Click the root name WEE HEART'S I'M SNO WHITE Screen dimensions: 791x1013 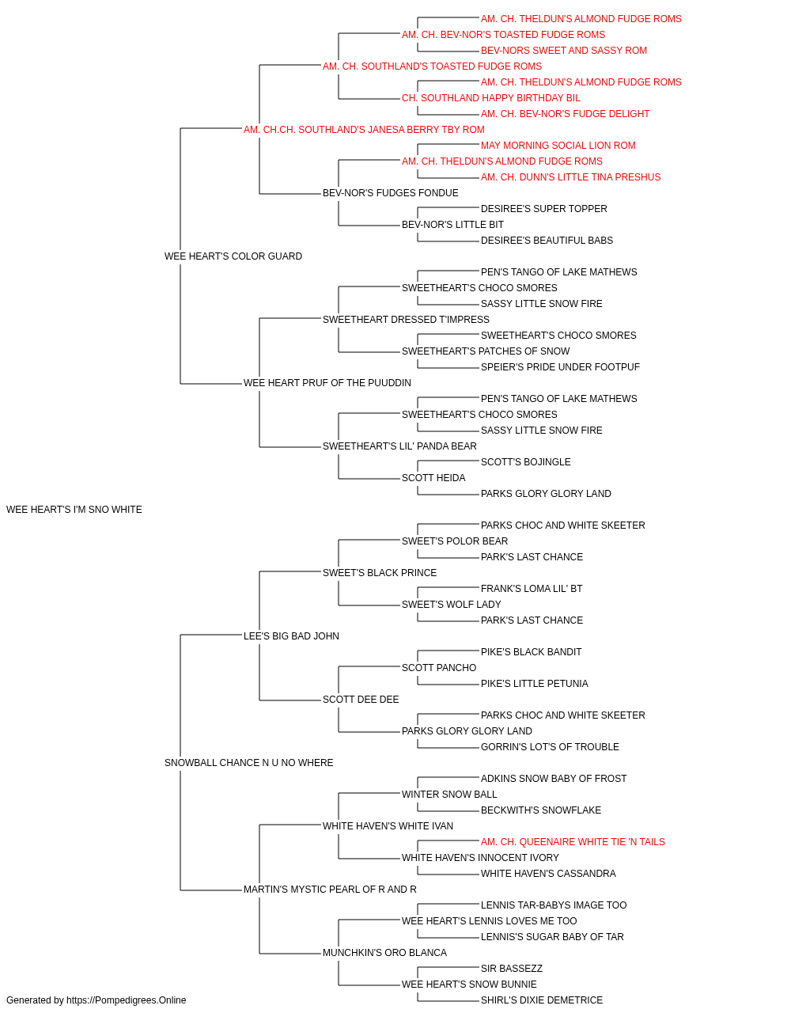[74, 510]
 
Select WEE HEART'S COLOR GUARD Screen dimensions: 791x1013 [233, 256]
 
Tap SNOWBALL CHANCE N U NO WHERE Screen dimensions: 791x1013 [248, 763]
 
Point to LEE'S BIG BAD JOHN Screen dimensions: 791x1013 [291, 635]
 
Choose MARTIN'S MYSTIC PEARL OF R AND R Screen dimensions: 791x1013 [330, 889]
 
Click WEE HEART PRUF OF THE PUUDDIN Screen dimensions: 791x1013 [327, 383]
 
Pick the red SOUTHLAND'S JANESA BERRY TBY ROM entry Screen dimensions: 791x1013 [364, 130]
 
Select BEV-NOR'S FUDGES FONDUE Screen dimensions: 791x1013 [391, 193]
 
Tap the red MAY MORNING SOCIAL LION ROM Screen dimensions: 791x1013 [558, 146]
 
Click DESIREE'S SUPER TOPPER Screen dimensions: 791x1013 [543, 209]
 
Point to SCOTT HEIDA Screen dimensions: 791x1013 [433, 478]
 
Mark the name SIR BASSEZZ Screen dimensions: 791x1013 [512, 968]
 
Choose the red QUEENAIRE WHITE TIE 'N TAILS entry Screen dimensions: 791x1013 [573, 841]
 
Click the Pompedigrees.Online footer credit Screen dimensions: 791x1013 [96, 1000]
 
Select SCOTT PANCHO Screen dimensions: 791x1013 [439, 668]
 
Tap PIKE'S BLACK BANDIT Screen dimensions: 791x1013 [531, 651]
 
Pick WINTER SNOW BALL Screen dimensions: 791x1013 [449, 794]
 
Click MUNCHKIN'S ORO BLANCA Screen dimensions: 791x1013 [384, 952]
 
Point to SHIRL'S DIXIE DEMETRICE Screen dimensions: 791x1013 [542, 1000]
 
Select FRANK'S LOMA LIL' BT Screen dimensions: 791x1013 [532, 588]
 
